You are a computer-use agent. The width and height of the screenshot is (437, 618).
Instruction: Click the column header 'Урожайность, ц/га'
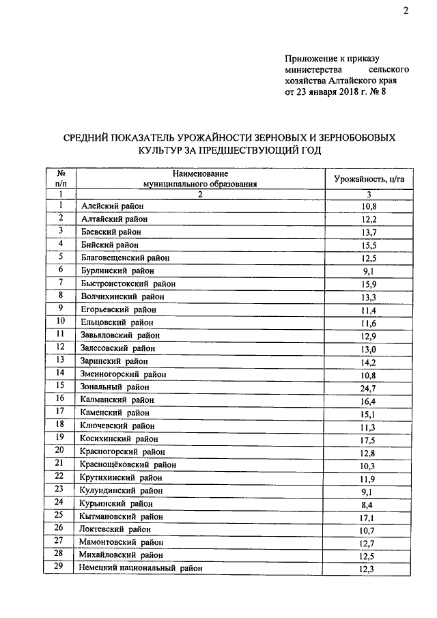pos(369,179)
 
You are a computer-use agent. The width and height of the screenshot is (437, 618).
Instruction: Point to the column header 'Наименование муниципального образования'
pos(200,179)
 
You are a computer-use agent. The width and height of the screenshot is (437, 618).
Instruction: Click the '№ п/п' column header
pos(61,179)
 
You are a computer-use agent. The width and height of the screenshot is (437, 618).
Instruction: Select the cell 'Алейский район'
pos(112,206)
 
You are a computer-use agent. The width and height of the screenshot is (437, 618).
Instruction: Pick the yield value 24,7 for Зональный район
pos(369,387)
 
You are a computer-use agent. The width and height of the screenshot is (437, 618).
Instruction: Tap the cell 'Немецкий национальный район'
pos(142,568)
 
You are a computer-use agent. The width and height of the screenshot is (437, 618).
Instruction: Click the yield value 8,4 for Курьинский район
pos(369,503)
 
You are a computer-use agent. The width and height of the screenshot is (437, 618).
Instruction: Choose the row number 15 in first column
pos(61,386)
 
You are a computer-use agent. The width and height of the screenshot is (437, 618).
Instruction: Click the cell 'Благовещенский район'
pos(125,257)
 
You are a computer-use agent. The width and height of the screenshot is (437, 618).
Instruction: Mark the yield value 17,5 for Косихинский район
pos(369,439)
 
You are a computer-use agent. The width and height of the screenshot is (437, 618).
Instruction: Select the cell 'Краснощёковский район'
pos(128,464)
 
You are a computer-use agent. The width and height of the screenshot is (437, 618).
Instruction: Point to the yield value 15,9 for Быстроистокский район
pos(369,283)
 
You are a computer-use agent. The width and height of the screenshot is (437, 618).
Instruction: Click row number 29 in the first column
pos(61,567)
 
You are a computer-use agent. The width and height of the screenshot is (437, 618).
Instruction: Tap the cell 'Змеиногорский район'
pos(124,374)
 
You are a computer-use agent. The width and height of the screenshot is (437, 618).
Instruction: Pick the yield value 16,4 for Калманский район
pos(369,400)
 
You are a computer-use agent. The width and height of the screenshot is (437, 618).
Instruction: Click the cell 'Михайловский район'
pos(122,555)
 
